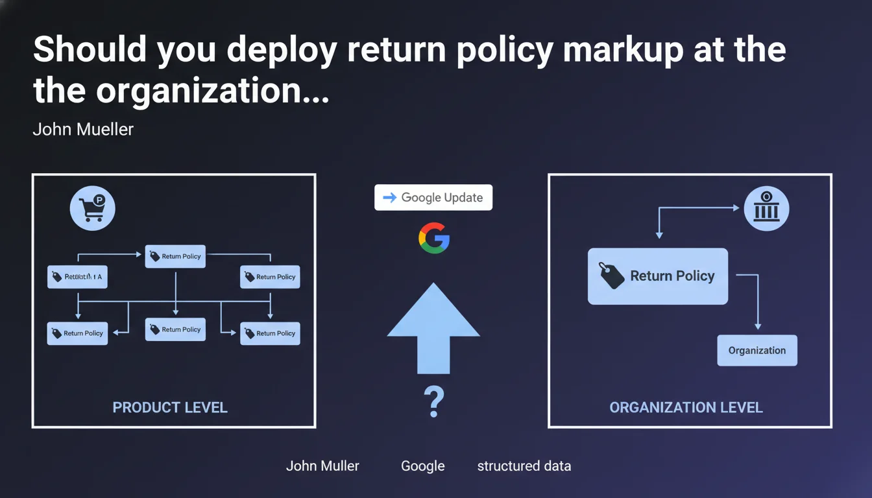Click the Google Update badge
click(433, 198)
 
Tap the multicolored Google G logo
click(434, 237)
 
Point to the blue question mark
click(433, 402)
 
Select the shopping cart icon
click(92, 209)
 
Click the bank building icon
click(766, 208)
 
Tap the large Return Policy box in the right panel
click(657, 276)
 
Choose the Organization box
click(757, 350)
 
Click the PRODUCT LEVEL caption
click(170, 407)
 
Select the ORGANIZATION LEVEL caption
click(686, 407)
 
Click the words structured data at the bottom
click(524, 466)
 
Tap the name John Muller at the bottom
click(322, 466)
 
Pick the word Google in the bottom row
click(422, 466)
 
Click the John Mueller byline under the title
click(83, 129)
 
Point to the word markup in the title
click(624, 51)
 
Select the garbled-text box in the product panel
click(77, 277)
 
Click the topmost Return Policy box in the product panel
click(175, 256)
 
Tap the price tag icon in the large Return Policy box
click(611, 276)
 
